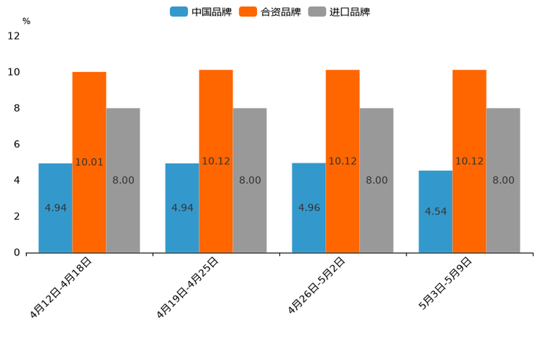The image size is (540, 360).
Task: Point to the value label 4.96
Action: tap(308, 208)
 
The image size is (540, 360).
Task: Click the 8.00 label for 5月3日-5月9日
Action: tap(503, 180)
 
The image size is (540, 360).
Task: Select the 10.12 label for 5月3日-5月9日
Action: tap(469, 161)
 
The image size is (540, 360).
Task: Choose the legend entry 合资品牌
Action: tap(280, 12)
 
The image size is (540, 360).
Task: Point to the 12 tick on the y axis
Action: tap(14, 36)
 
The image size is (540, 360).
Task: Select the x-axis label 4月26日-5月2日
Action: tap(316, 286)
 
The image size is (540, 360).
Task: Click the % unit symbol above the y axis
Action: tap(26, 21)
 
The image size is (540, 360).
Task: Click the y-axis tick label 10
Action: tap(14, 72)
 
